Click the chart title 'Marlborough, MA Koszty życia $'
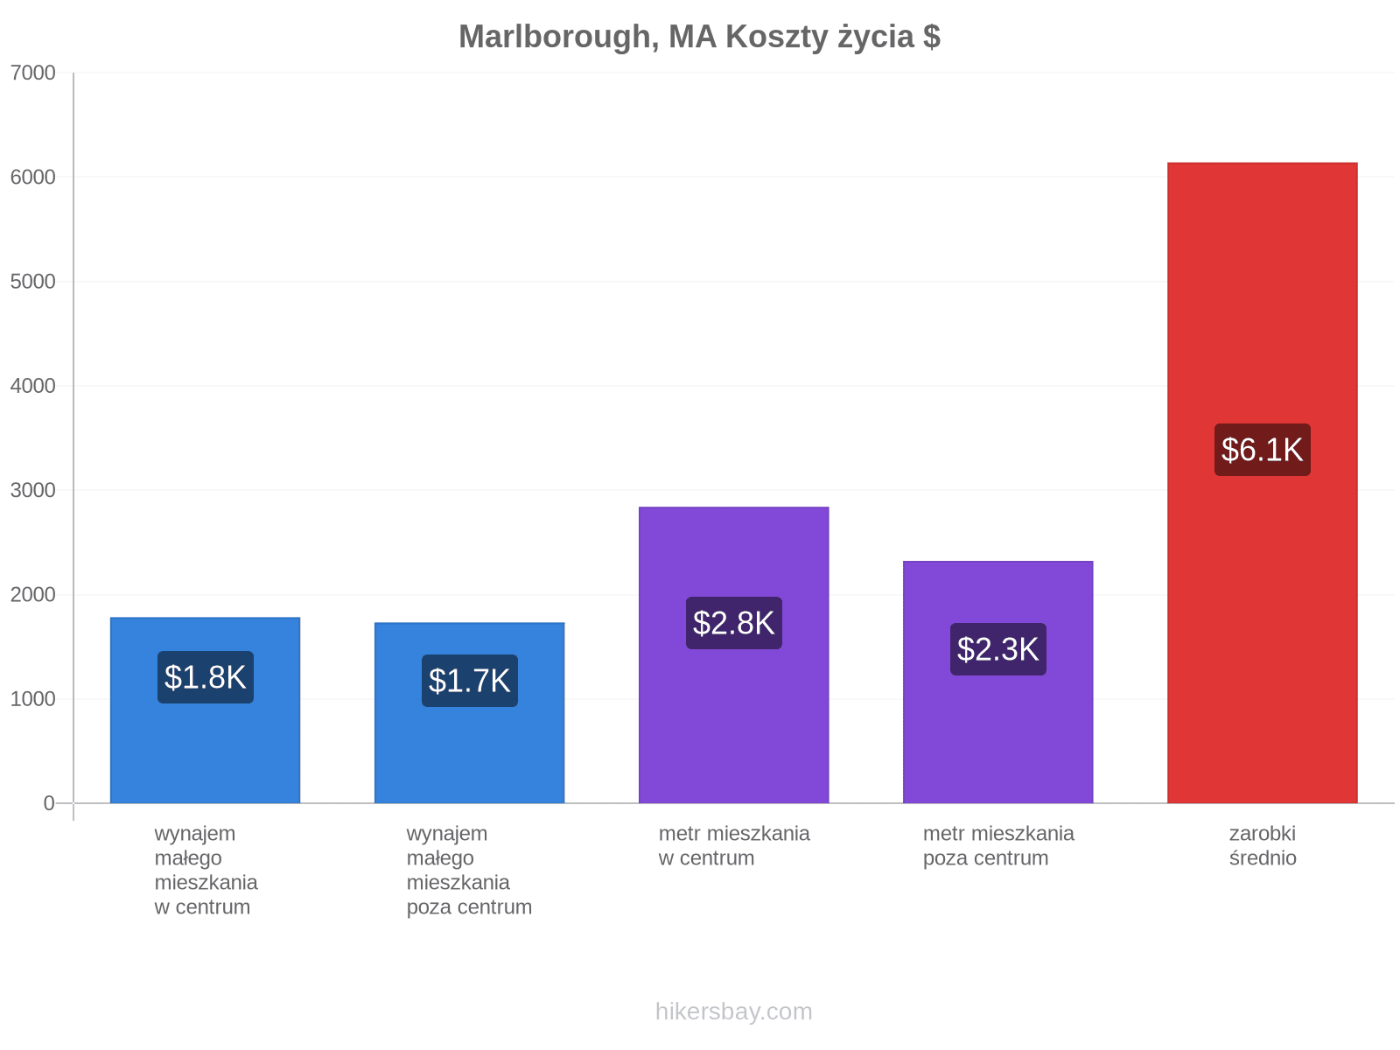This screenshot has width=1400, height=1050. [x=699, y=37]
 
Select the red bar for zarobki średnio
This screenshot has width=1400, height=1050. [x=1262, y=483]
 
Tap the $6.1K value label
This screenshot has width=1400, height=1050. [x=1262, y=450]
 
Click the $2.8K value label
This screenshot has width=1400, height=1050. [x=733, y=623]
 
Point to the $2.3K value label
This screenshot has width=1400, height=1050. [x=997, y=649]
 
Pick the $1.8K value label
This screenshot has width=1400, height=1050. [x=206, y=677]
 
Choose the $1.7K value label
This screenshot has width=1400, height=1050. [x=469, y=680]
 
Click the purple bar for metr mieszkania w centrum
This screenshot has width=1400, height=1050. [x=733, y=654]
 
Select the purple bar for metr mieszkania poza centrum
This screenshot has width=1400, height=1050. [x=997, y=682]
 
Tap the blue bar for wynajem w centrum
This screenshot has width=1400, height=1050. [x=206, y=710]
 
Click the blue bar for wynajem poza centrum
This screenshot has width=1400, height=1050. [x=469, y=713]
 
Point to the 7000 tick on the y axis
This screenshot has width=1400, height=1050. [x=33, y=73]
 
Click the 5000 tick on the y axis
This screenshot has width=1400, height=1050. [x=33, y=281]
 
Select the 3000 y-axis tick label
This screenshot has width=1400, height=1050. [x=33, y=490]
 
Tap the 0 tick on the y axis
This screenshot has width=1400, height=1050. [x=49, y=803]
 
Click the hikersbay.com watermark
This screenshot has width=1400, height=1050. [x=733, y=1011]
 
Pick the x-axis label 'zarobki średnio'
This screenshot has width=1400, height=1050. [x=1263, y=845]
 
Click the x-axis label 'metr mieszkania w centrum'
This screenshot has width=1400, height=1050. [x=734, y=845]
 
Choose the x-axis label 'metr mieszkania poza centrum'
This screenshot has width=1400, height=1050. [x=998, y=845]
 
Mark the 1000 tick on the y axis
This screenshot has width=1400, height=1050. [x=33, y=699]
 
